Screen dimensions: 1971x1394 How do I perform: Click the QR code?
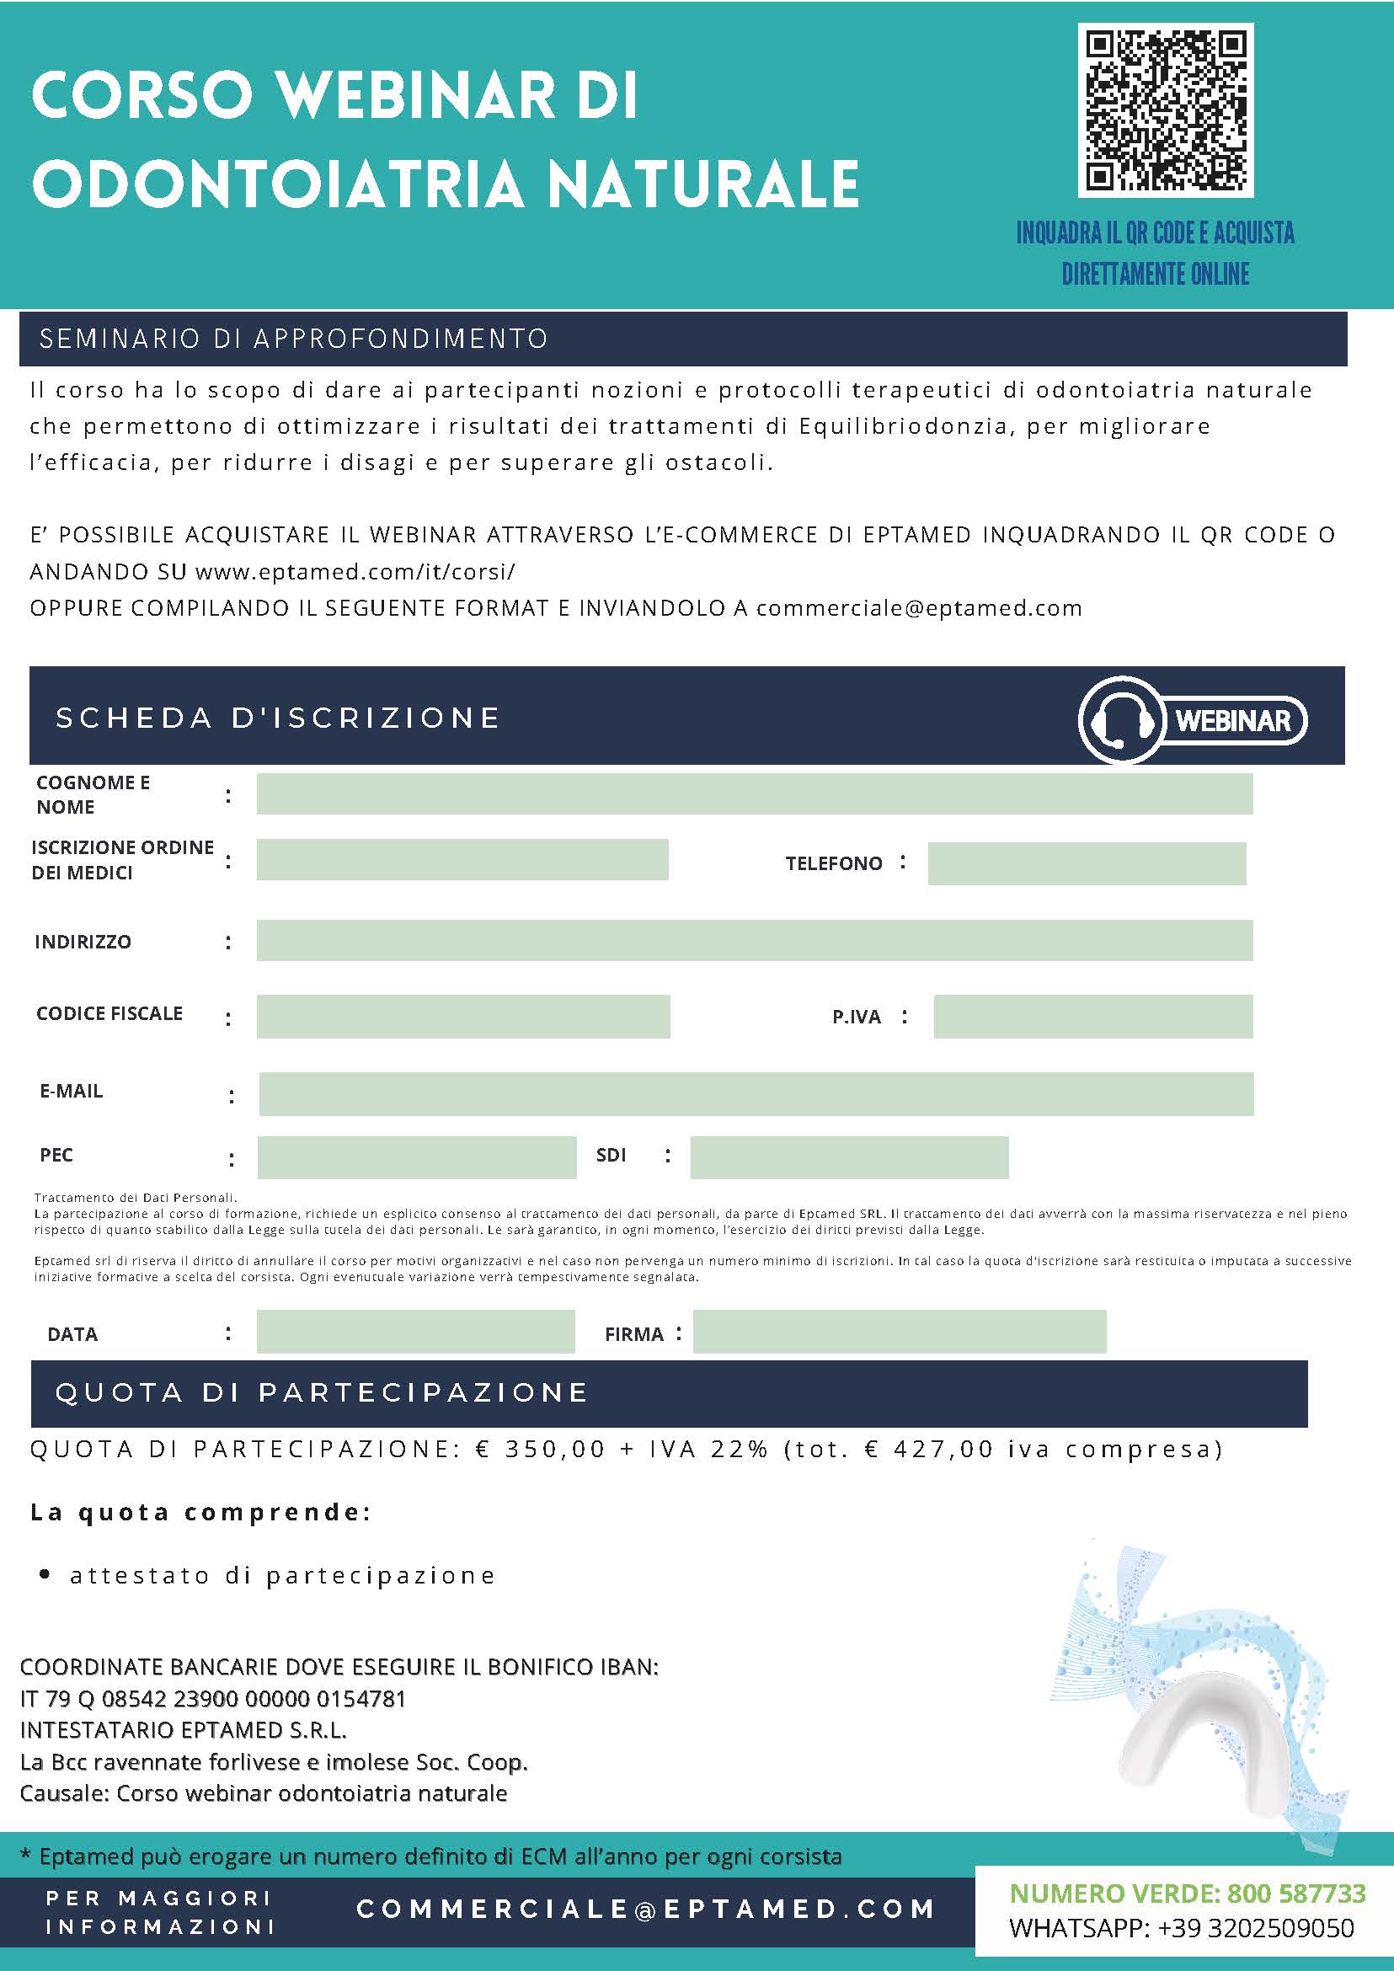tap(1166, 109)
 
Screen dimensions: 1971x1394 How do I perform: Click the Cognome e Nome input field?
tap(754, 793)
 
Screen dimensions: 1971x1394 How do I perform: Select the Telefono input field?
tap(1086, 863)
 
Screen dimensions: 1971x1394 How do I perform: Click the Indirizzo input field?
tap(754, 940)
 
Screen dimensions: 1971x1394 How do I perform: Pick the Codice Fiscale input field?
tap(462, 1016)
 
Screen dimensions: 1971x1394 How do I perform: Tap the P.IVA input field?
tap(1092, 1016)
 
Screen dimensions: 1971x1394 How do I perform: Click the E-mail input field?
tap(756, 1092)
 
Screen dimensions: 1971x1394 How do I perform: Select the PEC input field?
tap(416, 1157)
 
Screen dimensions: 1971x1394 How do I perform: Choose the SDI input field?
tap(849, 1157)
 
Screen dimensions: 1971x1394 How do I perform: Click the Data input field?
tap(415, 1332)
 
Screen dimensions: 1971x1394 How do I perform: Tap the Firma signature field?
tap(899, 1332)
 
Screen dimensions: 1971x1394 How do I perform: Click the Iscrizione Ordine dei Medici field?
tap(462, 859)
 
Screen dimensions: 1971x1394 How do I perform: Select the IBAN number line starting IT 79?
tap(213, 1698)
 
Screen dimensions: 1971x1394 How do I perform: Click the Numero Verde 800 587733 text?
tap(1187, 1893)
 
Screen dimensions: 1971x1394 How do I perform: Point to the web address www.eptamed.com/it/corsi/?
tap(355, 572)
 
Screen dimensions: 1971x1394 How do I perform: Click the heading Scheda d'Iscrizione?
tap(278, 718)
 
